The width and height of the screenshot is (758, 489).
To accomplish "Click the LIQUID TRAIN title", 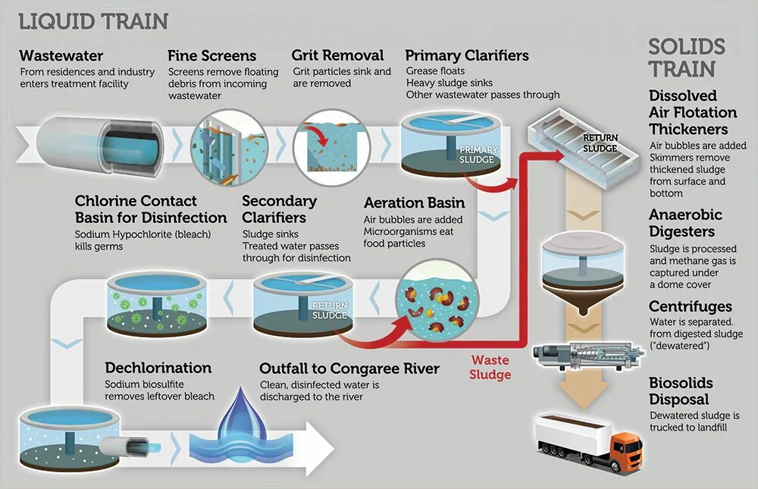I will (93, 21).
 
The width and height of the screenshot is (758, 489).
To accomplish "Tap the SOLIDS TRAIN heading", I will (686, 58).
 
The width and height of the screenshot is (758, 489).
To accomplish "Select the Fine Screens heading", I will (211, 56).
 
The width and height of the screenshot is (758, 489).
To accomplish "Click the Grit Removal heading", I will (337, 56).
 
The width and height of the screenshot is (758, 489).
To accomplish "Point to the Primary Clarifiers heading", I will (467, 56).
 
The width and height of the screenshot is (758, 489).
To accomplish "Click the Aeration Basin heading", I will (414, 203).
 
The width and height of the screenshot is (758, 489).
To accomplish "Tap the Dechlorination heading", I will (158, 368).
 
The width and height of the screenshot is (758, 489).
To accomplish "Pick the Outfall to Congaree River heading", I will (349, 368).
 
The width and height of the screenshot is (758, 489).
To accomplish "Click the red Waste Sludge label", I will (490, 368).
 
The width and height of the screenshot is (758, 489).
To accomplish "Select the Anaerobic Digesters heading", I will (685, 223).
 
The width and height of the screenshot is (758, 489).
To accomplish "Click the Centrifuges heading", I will (691, 306).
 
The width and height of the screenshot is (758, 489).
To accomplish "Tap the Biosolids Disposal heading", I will (681, 391).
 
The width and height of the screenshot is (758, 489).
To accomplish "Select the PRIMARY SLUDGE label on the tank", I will (477, 155).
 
